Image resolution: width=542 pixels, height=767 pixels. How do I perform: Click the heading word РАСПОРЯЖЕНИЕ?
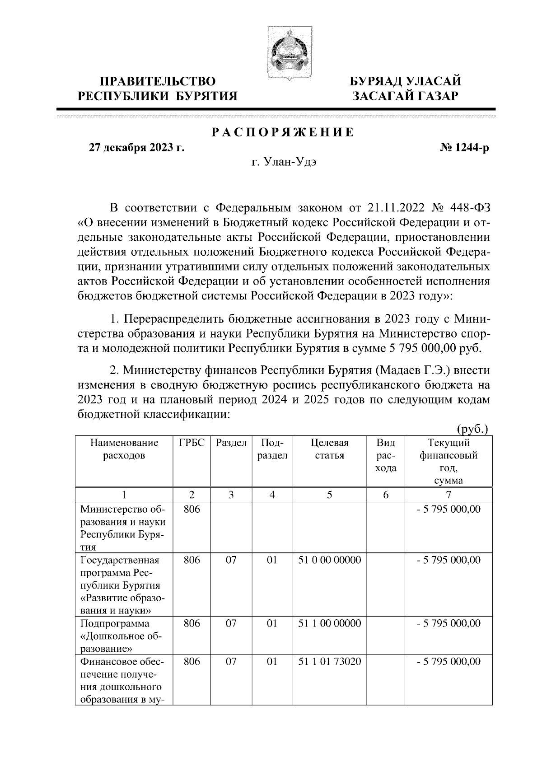pos(283,133)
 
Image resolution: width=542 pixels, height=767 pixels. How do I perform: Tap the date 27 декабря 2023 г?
pos(136,148)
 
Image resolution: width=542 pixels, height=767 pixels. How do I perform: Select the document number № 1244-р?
pos(464,148)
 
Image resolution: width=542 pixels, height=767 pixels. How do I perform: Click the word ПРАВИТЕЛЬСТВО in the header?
pos(158,82)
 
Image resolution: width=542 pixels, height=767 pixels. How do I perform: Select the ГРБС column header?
pos(192,443)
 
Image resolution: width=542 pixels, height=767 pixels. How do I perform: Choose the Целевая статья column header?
pos(330,449)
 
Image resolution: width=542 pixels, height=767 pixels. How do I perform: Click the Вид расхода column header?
pos(386,455)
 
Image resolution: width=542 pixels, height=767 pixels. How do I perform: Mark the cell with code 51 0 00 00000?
pos(330,560)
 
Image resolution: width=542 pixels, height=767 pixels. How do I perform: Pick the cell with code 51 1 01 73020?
pos(330,662)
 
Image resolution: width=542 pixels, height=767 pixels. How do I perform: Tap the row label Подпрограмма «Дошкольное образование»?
pos(121,636)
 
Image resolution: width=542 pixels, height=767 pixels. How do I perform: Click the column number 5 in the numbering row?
pos(330,495)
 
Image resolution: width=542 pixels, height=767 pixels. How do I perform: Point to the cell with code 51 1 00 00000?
pos(330,624)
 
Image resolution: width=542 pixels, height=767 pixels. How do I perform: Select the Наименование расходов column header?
pos(124,449)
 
